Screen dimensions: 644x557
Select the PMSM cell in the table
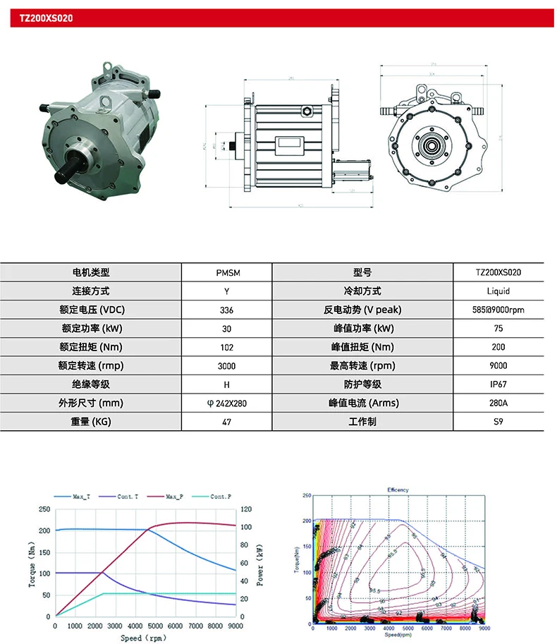(226, 272)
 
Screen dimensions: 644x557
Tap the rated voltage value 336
(226, 310)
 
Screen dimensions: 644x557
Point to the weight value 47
(226, 422)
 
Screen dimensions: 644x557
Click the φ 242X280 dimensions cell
(226, 403)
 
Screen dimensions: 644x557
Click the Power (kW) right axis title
(260, 564)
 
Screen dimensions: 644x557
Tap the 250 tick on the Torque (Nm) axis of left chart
(45, 509)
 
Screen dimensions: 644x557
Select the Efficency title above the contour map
(398, 490)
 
